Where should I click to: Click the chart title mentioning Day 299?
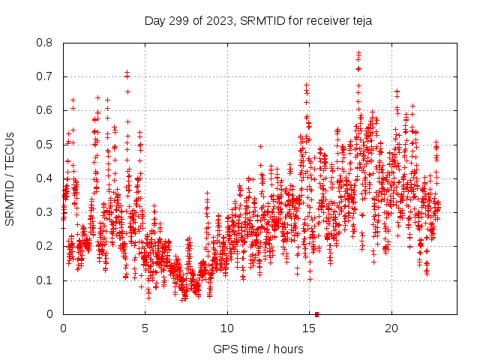[x=258, y=21]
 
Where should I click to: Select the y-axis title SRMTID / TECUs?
[x=10, y=178]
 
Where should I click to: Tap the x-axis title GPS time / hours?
[x=258, y=349]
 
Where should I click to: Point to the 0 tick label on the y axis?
[x=50, y=314]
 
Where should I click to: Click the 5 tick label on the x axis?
[x=145, y=328]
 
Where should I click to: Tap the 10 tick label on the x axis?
[x=227, y=328]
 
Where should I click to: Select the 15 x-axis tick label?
[x=309, y=328]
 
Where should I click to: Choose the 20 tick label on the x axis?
[x=391, y=328]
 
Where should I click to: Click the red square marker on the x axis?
[x=317, y=314]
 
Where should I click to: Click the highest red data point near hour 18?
[x=358, y=52]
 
